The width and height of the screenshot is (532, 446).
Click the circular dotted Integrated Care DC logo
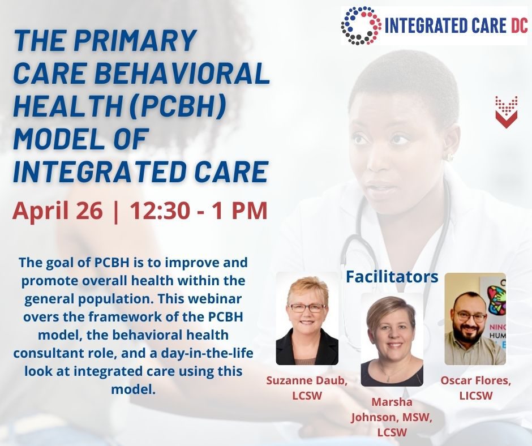(361, 25)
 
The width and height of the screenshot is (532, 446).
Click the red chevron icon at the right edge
(506, 112)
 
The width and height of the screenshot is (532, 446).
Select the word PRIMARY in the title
(135, 40)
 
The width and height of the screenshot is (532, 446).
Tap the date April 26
(57, 211)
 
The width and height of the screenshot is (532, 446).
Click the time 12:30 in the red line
(160, 211)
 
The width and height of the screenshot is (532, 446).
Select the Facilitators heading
(392, 277)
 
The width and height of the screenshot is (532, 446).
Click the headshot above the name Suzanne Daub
(307, 319)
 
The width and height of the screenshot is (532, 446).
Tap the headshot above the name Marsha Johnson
(392, 340)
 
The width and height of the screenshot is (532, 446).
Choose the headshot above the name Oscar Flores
(475, 319)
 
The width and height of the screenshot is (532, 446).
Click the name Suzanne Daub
(307, 380)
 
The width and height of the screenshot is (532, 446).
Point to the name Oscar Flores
(475, 380)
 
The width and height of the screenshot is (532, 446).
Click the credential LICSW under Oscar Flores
(475, 396)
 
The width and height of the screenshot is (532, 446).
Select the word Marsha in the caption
(392, 402)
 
